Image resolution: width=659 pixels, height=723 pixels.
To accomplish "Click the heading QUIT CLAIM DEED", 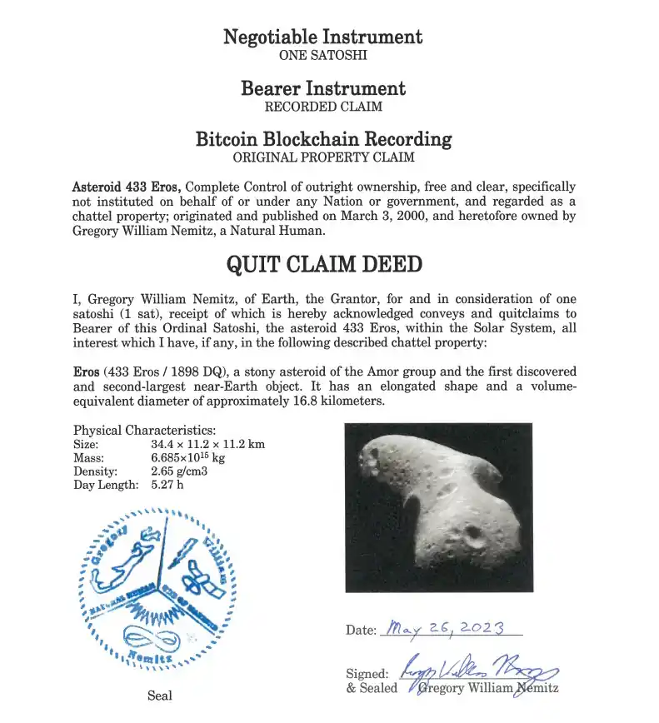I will click(x=324, y=265).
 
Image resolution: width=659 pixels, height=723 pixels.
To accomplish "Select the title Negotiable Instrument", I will click(x=323, y=37).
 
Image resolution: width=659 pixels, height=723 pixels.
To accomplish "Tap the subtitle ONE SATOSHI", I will click(x=323, y=56).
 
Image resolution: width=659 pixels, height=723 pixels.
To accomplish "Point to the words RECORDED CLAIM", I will click(x=323, y=107).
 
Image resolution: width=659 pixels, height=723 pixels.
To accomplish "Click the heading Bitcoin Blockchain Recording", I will click(x=323, y=139).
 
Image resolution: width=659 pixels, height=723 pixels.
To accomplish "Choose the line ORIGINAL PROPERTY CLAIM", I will click(x=323, y=157).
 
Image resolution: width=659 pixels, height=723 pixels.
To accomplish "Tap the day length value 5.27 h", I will click(x=167, y=485).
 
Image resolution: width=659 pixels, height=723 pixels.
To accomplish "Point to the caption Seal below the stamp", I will click(x=160, y=696).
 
